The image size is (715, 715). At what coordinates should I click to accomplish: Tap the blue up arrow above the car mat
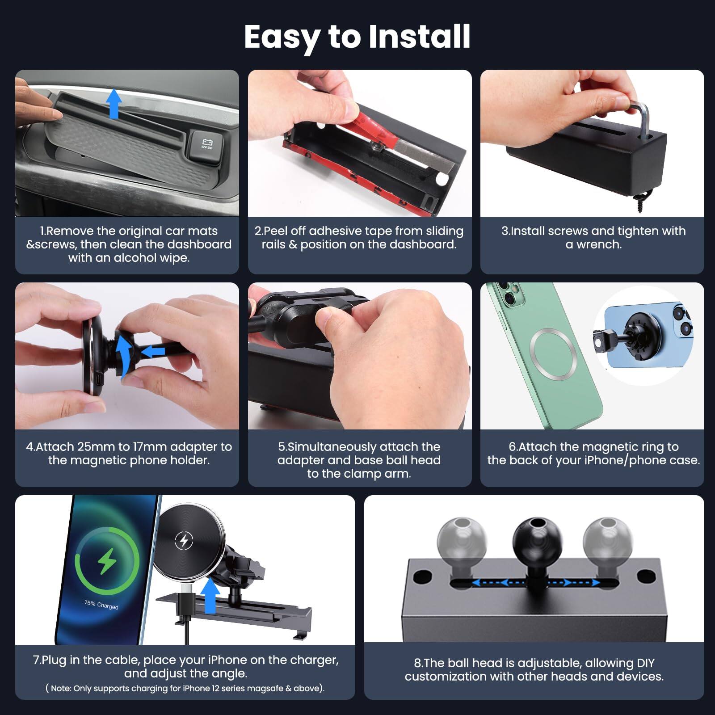point(114,104)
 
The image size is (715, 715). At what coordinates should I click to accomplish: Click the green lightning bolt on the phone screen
point(107,561)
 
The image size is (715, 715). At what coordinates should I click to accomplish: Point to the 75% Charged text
point(101,605)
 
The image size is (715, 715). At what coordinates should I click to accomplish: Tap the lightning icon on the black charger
point(184,540)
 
